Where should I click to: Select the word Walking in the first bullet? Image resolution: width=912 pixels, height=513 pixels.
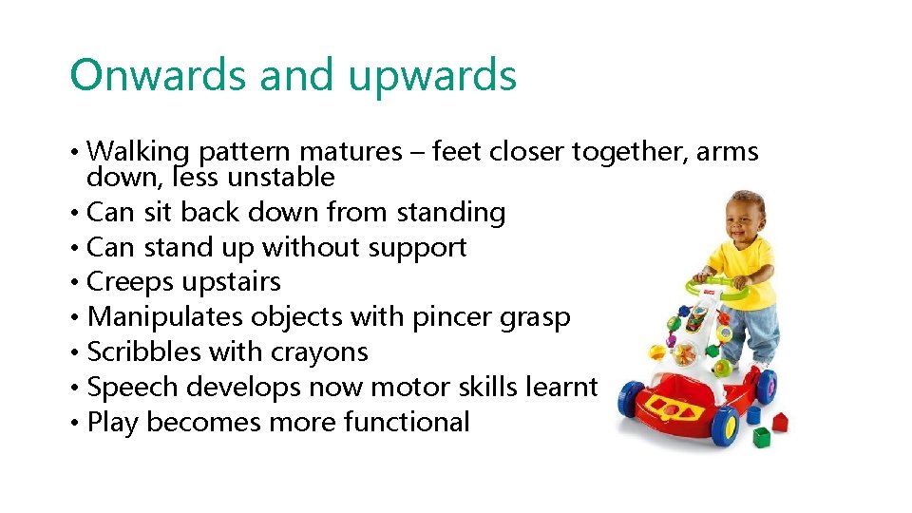coord(139,152)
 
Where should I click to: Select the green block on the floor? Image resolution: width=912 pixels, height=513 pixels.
coord(762,436)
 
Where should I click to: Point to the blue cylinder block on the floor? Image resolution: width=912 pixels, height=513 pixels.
coord(752,414)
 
